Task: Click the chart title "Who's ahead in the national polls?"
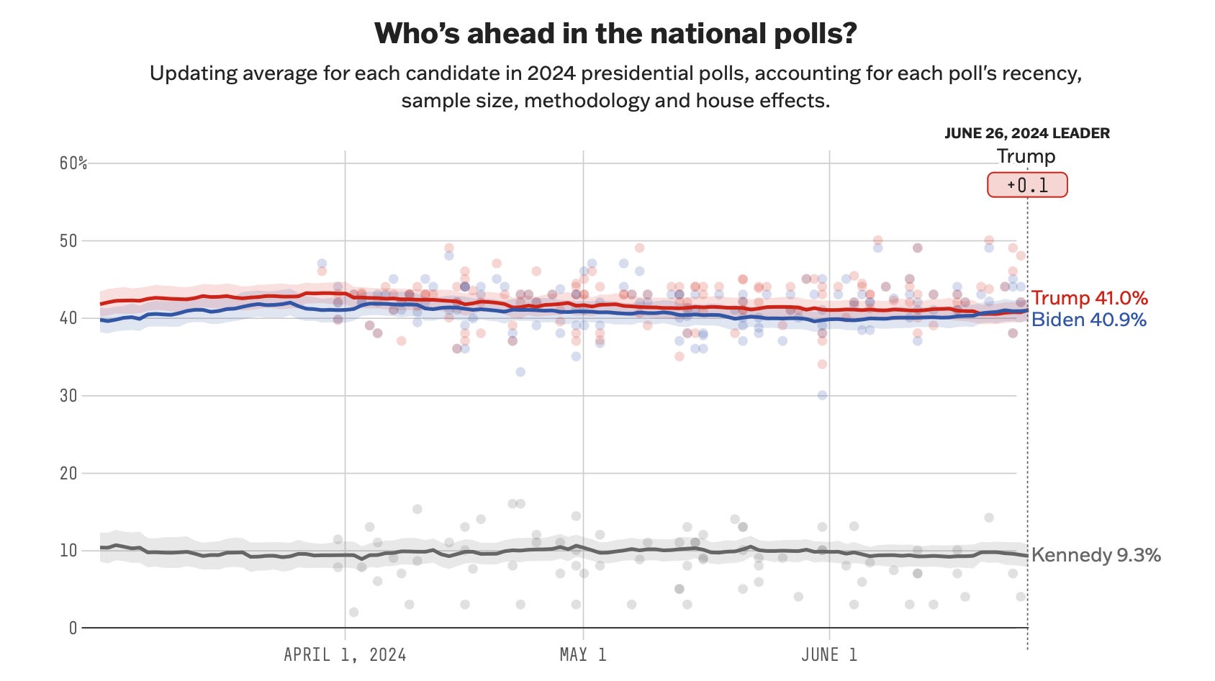pos(615,34)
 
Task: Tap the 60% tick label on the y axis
pos(73,163)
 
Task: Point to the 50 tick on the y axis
pos(68,240)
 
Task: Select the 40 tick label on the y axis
pos(68,318)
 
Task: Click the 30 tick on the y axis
pos(68,395)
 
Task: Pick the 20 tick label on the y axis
pos(68,473)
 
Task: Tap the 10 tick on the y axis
pos(68,551)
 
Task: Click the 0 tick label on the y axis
pos(73,628)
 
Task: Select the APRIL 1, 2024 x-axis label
pos(345,655)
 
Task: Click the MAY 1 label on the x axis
pos(583,655)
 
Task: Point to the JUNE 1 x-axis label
pos(829,655)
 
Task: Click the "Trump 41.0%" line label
pos(1089,298)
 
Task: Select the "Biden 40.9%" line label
pos(1088,320)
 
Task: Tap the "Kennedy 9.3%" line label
pos(1096,555)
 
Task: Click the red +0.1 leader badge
pos(1027,185)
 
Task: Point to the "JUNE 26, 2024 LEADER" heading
pos(1027,133)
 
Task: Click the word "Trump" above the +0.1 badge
pos(1026,156)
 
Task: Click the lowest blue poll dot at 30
pos(822,395)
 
